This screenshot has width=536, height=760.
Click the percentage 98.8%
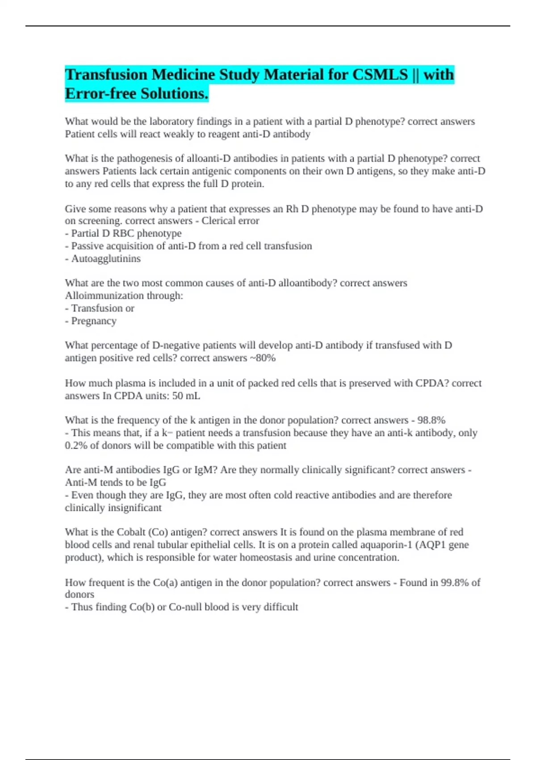pyautogui.click(x=431, y=420)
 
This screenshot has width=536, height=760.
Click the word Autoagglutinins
pyautogui.click(x=106, y=258)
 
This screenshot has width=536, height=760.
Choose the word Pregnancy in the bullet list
pyautogui.click(x=94, y=321)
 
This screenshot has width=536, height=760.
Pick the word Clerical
pyautogui.click(x=220, y=221)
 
